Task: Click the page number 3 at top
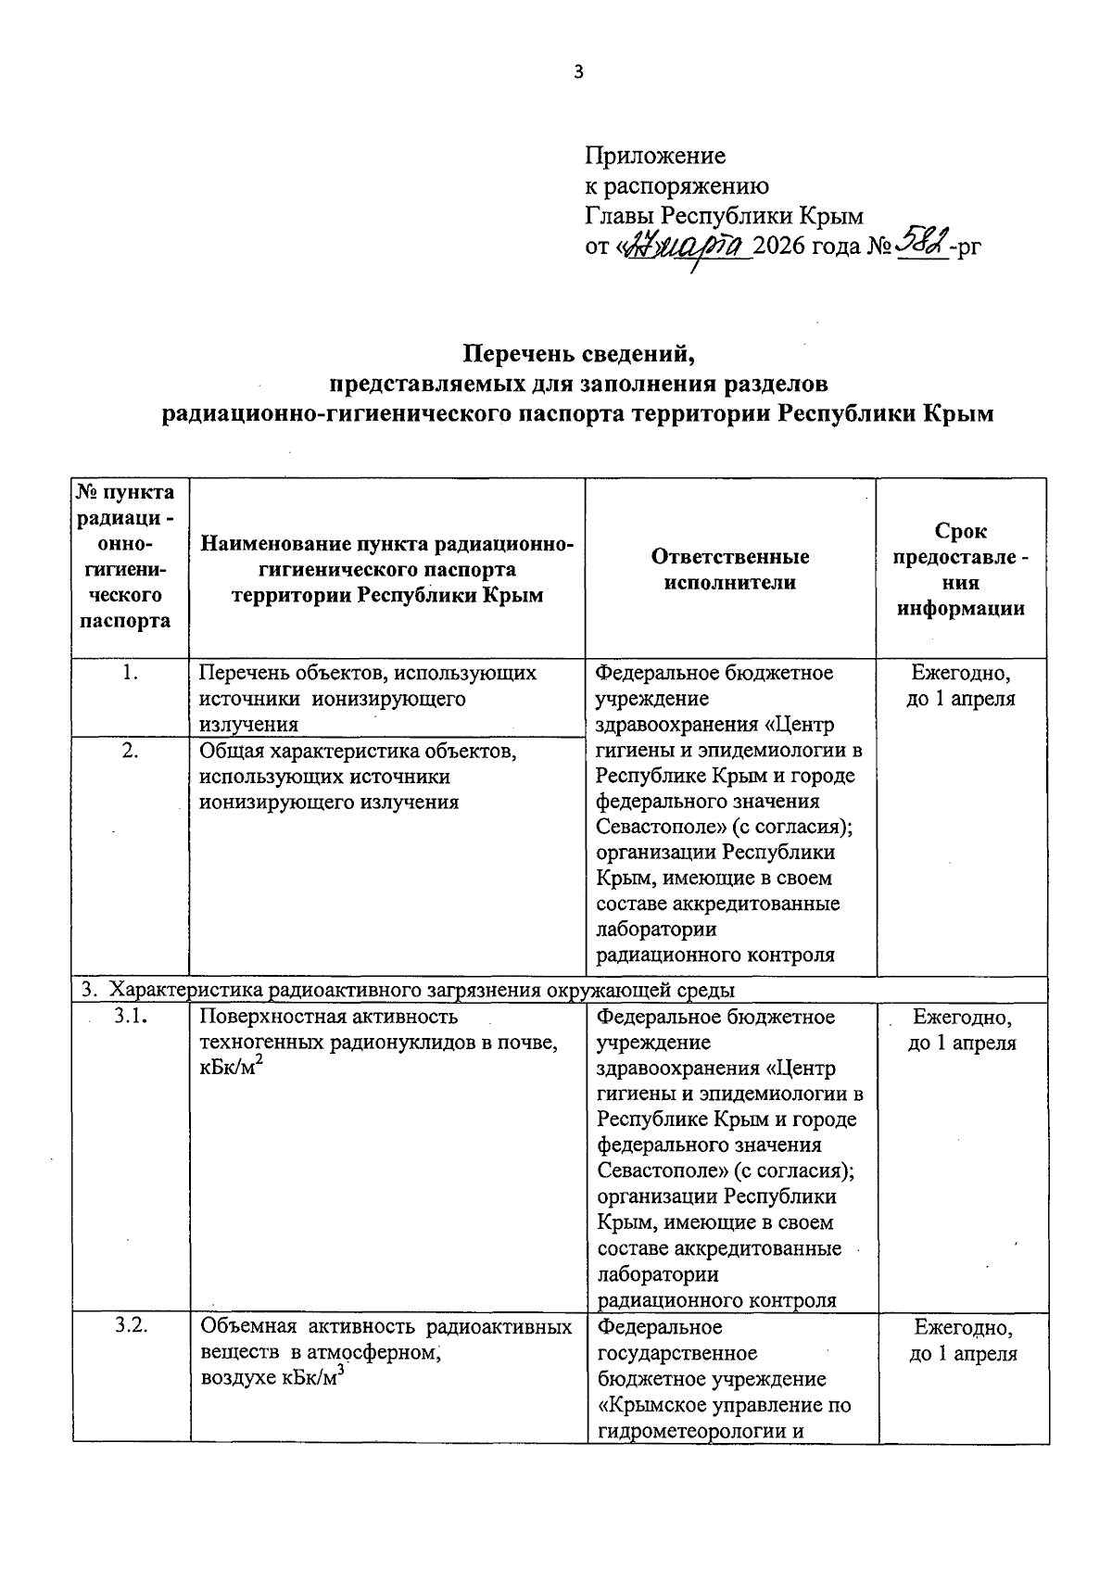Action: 579,72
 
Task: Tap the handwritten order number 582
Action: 922,245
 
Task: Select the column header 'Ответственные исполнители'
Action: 729,569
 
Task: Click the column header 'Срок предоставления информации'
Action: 961,569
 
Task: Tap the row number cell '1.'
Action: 130,674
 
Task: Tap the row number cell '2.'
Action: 130,752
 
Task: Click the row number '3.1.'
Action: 133,1017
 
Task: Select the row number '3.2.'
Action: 132,1327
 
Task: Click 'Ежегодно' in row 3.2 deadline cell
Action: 962,1328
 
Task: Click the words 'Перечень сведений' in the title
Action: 578,353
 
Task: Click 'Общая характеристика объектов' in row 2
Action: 358,752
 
